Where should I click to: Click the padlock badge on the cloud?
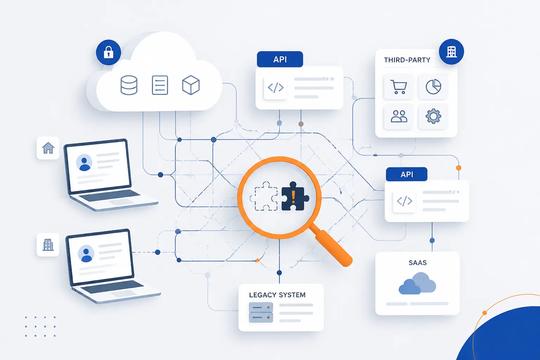pos(109,52)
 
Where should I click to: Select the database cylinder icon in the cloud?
pos(129,85)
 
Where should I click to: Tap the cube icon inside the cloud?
pos(191,85)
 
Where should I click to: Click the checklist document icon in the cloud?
pos(160,85)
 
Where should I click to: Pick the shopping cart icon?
pos(398,87)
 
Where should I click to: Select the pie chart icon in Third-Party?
pos(433,86)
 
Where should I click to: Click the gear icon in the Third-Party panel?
pos(433,116)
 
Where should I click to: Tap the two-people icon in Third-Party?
pos(399,116)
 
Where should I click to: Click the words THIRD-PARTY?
pos(407,60)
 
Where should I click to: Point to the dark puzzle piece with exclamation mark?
pos(295,196)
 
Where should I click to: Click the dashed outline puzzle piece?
pos(264,196)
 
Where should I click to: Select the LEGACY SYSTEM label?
pos(277,295)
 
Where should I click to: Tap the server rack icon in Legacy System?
pos(261,313)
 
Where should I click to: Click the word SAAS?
pos(418,263)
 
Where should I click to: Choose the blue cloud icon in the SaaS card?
pos(417,283)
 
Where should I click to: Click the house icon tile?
pos(48,148)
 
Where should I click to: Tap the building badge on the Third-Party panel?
pos(451,52)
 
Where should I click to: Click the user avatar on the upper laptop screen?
pos(84,162)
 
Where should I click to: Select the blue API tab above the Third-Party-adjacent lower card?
pos(406,174)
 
